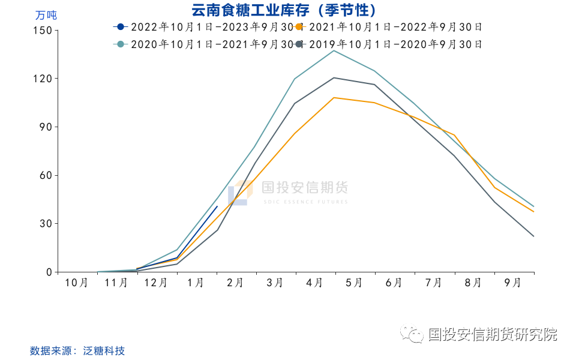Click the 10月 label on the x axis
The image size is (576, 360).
click(x=77, y=283)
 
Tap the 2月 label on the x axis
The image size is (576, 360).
click(x=236, y=283)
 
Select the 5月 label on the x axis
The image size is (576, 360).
click(x=355, y=283)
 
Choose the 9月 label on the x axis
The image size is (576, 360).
click(x=514, y=283)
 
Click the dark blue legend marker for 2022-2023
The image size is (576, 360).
click(x=121, y=26)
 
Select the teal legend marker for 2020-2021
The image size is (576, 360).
click(x=121, y=44)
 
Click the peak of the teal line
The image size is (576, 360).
click(x=334, y=50)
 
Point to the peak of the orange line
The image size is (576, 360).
click(x=334, y=97)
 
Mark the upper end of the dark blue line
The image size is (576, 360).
click(x=217, y=206)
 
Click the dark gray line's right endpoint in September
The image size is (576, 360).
click(x=533, y=236)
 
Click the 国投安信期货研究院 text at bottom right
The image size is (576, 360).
click(x=492, y=334)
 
